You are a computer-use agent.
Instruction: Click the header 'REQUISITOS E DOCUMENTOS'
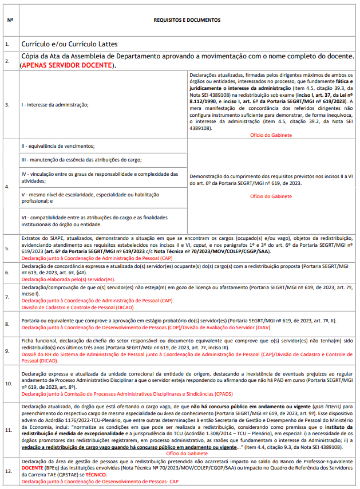(187, 19)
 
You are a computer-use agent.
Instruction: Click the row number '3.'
(7, 105)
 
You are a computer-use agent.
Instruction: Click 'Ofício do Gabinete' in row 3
(271, 135)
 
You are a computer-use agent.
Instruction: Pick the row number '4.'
(7, 187)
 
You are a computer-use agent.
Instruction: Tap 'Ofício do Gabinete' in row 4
(271, 196)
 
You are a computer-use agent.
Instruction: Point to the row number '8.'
(7, 324)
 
